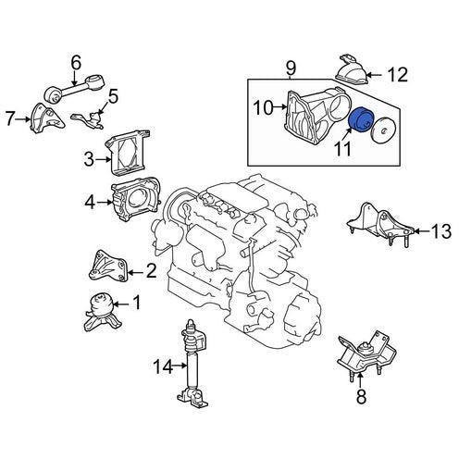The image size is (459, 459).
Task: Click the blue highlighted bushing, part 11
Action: pyautogui.click(x=361, y=120)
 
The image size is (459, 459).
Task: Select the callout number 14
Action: pyautogui.click(x=163, y=366)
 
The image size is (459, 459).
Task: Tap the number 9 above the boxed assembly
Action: pyautogui.click(x=291, y=68)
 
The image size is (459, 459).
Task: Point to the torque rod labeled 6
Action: pyautogui.click(x=76, y=88)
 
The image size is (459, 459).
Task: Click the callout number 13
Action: pyautogui.click(x=441, y=231)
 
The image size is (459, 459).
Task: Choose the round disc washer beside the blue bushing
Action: pyautogui.click(x=384, y=130)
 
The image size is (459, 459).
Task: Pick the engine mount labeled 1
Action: pyautogui.click(x=101, y=312)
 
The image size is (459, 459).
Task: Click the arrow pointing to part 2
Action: pyautogui.click(x=135, y=272)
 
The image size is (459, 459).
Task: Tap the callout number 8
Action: pyautogui.click(x=361, y=396)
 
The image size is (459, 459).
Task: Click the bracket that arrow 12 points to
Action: pyautogui.click(x=352, y=69)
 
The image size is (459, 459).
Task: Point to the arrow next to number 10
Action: pyautogui.click(x=280, y=107)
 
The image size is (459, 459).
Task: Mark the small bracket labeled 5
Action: pyautogui.click(x=88, y=120)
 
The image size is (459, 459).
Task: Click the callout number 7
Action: pyautogui.click(x=10, y=118)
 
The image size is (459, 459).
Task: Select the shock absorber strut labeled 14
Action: pyautogui.click(x=192, y=364)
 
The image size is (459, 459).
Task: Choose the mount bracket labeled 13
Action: pyautogui.click(x=379, y=224)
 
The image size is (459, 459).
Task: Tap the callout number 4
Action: pyautogui.click(x=90, y=203)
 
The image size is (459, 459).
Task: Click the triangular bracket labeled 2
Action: pyautogui.click(x=107, y=266)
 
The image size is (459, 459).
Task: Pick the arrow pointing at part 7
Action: pyautogui.click(x=24, y=118)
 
